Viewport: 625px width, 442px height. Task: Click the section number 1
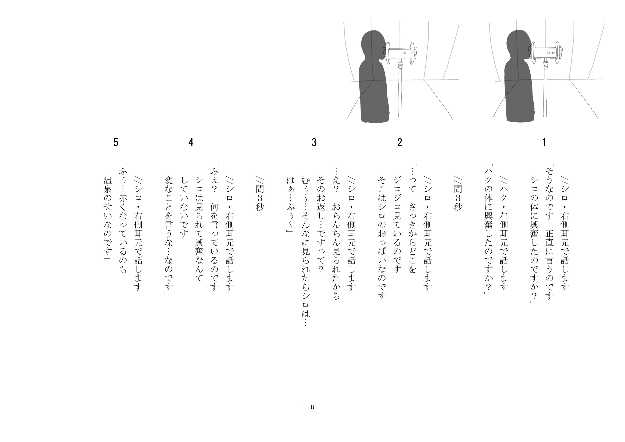point(544,142)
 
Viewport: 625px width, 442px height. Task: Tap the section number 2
point(399,142)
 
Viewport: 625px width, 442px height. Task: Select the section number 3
point(314,142)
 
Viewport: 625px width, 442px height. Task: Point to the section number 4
point(191,142)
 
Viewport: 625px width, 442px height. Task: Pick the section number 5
point(116,142)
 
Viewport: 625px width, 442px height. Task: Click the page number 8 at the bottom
point(313,407)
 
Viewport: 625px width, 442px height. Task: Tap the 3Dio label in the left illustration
point(405,53)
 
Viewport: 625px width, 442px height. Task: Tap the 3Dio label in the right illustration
point(551,53)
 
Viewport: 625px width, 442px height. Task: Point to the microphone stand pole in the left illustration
point(400,90)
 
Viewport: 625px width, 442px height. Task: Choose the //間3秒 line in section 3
point(260,194)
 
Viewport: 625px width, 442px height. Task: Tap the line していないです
point(184,207)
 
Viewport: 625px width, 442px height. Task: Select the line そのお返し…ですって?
point(321,225)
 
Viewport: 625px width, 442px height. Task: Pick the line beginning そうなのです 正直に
point(549,232)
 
